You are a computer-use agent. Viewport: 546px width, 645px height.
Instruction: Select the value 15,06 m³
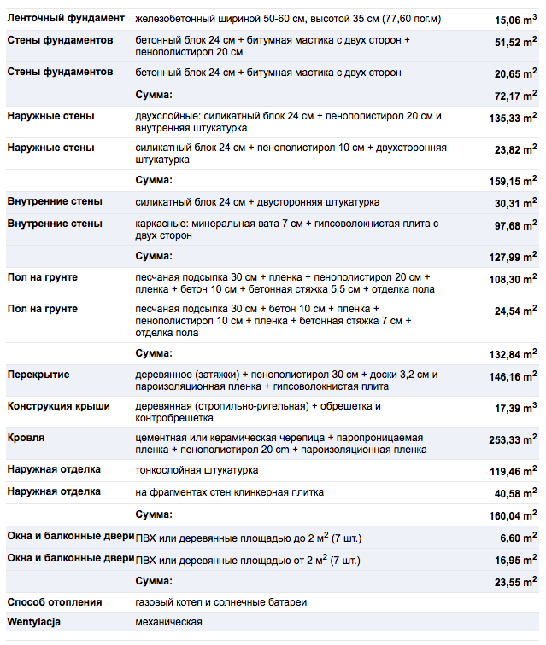tap(515, 19)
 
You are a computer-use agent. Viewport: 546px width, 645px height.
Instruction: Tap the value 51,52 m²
tap(514, 41)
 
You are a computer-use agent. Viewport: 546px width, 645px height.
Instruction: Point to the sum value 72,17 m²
tap(514, 96)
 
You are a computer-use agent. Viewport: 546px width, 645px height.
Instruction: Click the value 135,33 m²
tap(513, 118)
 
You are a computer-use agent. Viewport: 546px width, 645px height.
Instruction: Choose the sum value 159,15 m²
tap(513, 181)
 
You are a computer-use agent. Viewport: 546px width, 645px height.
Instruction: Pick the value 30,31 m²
tap(514, 203)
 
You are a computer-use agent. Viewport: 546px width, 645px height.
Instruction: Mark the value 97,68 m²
tap(514, 225)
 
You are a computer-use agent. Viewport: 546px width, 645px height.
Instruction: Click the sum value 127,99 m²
tap(513, 257)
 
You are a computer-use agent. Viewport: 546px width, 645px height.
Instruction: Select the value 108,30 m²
tap(513, 279)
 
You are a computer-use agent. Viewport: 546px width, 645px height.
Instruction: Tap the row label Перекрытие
tap(38, 375)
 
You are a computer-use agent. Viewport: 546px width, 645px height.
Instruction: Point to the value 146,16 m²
tap(513, 376)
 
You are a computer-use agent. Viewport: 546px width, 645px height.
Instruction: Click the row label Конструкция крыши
tap(58, 407)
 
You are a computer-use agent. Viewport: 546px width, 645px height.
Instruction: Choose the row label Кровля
tap(26, 438)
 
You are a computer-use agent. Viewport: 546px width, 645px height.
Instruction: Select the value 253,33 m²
tap(513, 439)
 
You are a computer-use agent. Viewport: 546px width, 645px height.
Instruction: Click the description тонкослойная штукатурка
tap(197, 470)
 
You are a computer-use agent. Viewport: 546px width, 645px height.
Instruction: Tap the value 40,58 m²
tap(514, 493)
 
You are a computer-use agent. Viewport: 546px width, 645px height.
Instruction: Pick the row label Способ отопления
tap(54, 602)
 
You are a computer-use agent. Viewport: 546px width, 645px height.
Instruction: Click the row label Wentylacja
tap(34, 622)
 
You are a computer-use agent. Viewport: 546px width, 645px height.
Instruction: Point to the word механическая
tap(169, 622)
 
